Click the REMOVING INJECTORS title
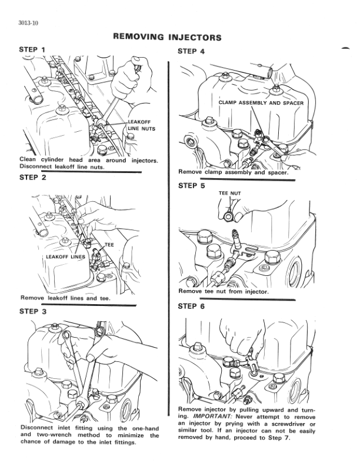166,38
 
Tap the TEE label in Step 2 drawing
109,244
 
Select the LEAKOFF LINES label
65,257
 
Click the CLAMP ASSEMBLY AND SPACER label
258,102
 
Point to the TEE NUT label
230,193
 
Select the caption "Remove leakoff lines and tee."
65,298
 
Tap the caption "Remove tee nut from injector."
223,291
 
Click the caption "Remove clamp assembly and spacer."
233,172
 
